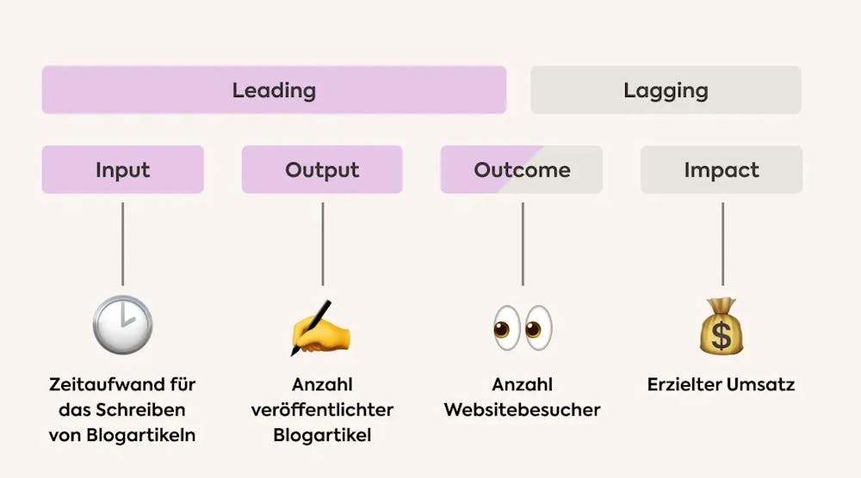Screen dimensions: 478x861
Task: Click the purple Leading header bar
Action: pos(274,89)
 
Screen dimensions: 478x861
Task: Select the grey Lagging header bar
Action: pos(666,89)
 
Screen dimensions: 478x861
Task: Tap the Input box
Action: pos(122,169)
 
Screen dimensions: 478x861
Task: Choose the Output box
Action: pos(322,169)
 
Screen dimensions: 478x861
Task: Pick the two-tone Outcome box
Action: pos(522,169)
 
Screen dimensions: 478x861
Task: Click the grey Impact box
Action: pos(722,169)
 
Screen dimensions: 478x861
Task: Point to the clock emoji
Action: pos(122,326)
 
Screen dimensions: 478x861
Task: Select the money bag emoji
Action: pos(722,327)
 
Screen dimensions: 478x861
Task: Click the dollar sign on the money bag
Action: pos(722,336)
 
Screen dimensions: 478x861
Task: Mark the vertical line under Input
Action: pos(122,244)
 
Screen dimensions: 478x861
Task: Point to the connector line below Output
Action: pos(322,244)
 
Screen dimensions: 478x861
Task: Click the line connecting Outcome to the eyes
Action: pos(522,244)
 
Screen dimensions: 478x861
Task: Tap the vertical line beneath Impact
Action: pos(722,244)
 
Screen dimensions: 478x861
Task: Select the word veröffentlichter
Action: pos(322,410)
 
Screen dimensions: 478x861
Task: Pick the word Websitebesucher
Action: pos(522,410)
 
